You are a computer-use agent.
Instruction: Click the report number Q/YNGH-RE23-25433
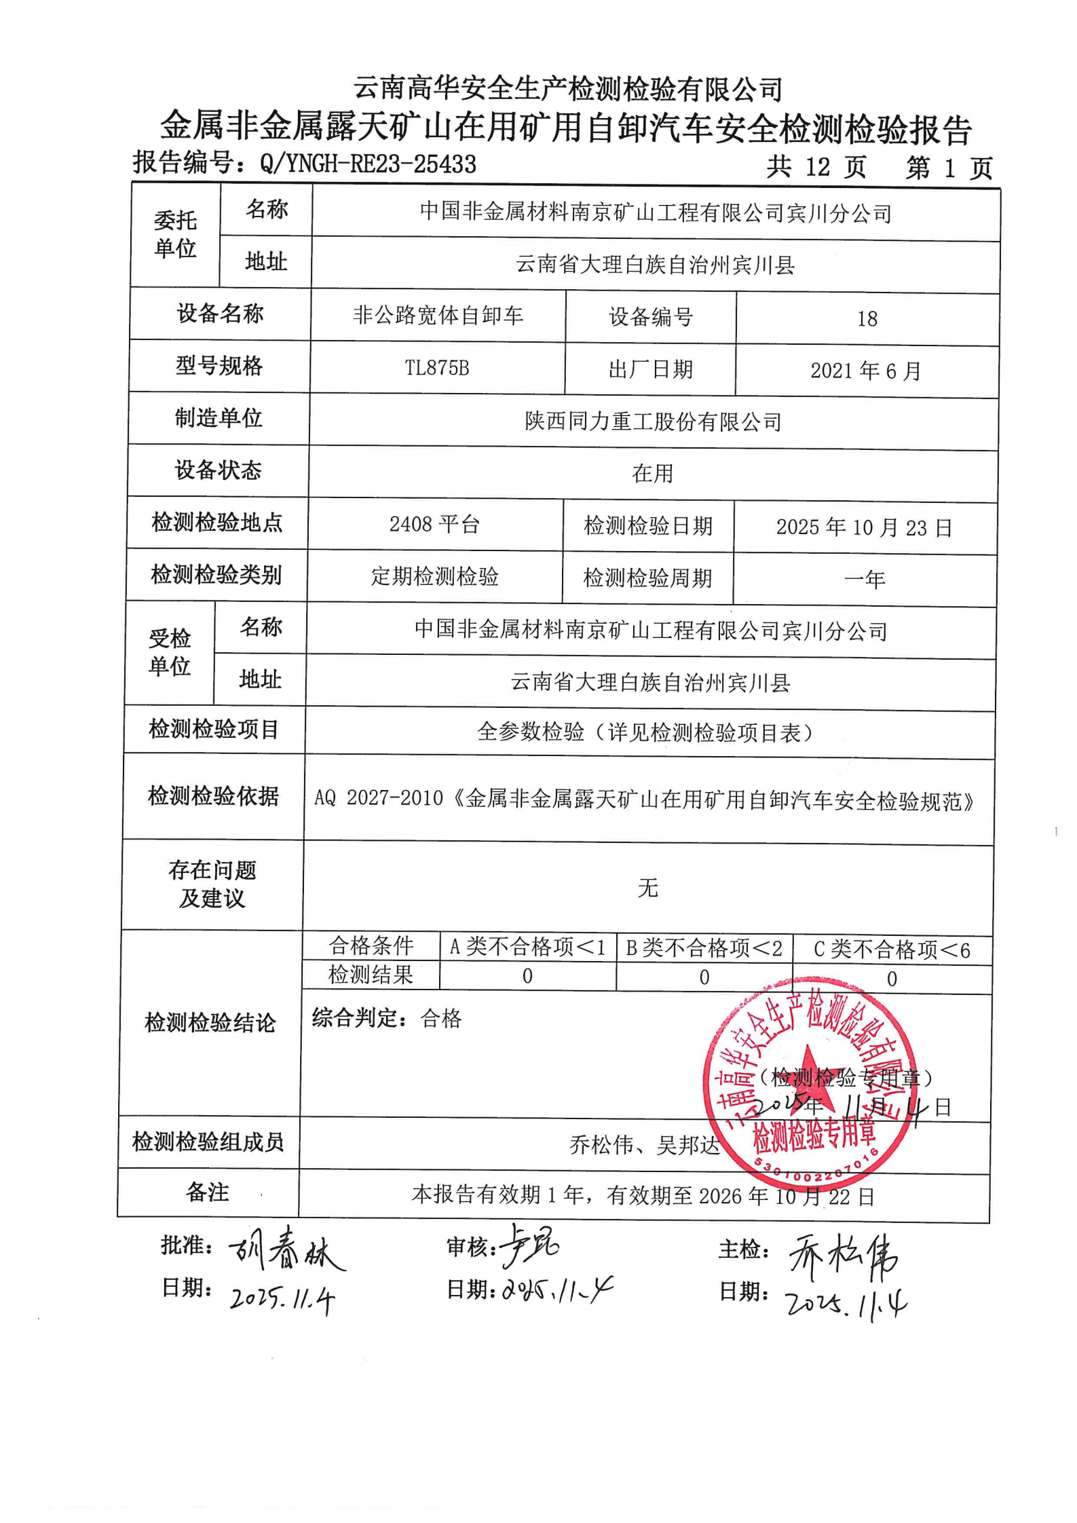368,164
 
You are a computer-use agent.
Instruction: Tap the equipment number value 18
867,319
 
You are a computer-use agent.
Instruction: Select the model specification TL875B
437,368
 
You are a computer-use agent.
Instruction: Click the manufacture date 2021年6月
865,371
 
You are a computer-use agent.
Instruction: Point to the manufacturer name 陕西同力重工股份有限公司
653,422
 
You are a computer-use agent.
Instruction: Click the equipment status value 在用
652,473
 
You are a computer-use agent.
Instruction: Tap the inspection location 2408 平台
434,525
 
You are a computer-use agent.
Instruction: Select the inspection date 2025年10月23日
864,528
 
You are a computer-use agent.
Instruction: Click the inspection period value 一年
865,580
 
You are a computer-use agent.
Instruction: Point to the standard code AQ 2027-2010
378,798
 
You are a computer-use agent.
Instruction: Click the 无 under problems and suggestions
647,887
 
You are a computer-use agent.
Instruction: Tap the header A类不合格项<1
527,947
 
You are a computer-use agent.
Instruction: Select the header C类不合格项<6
892,949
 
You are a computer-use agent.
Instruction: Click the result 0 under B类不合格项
704,977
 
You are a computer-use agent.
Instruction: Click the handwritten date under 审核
556,1288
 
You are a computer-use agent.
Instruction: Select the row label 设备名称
220,314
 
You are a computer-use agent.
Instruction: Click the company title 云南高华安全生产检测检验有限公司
568,89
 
